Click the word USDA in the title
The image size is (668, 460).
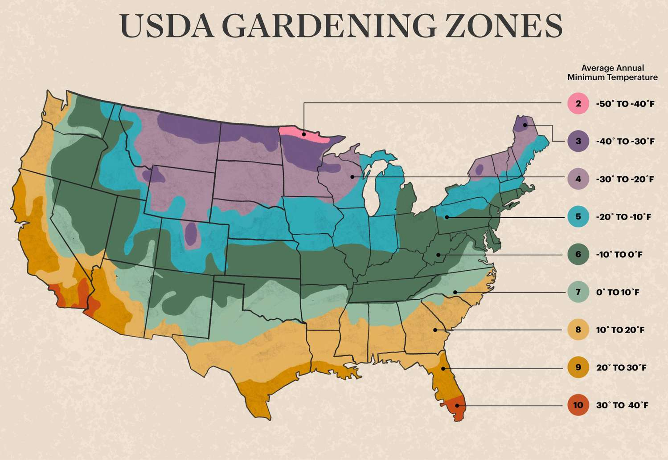point(167,26)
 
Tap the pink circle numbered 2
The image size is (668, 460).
point(578,104)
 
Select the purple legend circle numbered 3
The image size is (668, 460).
point(578,142)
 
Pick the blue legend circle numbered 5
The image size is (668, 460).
point(578,217)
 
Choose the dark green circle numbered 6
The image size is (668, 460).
point(578,255)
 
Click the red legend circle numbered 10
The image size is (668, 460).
point(578,405)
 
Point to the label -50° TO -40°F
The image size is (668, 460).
point(625,104)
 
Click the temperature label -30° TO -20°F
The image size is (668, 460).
point(625,179)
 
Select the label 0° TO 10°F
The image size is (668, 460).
point(618,292)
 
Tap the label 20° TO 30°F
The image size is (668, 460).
point(621,367)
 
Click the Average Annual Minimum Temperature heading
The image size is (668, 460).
point(612,73)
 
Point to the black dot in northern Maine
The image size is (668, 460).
point(525,125)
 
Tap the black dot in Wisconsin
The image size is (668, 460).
point(352,177)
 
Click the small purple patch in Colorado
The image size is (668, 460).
point(191,234)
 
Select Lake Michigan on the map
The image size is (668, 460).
point(369,191)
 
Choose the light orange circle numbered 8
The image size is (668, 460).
point(578,330)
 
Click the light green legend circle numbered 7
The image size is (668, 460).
point(578,292)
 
